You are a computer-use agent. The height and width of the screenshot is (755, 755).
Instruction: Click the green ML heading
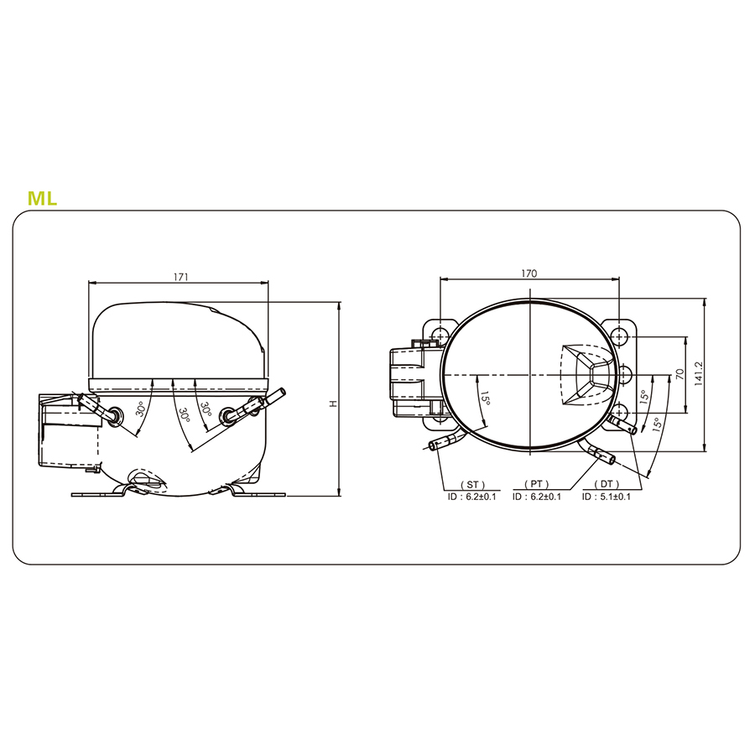(x=43, y=198)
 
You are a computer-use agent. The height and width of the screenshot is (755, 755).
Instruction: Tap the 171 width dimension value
(x=180, y=277)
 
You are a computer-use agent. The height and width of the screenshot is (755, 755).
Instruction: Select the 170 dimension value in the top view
(x=528, y=273)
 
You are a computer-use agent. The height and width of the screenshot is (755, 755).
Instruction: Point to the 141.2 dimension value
(x=699, y=374)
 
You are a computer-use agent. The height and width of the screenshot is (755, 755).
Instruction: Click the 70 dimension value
(x=679, y=374)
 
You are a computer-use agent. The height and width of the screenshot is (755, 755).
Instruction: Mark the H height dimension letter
(x=333, y=403)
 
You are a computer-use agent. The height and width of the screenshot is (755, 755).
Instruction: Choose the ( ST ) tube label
(x=473, y=484)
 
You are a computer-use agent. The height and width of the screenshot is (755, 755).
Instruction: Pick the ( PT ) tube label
(x=537, y=484)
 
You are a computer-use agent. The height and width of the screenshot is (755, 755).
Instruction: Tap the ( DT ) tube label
(x=607, y=484)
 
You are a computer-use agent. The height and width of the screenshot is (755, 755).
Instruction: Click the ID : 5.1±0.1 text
(x=607, y=497)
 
